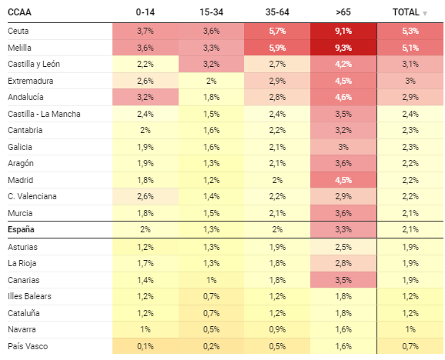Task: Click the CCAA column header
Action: (19, 12)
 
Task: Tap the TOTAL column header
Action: (406, 12)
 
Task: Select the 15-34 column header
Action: (211, 12)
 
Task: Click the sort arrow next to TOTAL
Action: (425, 13)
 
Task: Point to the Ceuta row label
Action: (18, 31)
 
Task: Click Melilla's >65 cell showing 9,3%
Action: (343, 48)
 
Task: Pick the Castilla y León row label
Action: (34, 64)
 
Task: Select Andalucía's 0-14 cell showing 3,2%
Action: (146, 97)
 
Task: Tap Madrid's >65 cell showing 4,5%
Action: (343, 180)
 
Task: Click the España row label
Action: (21, 229)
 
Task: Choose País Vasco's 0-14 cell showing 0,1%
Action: (146, 346)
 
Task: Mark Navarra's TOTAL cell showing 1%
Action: (410, 329)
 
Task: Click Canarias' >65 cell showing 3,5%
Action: (343, 280)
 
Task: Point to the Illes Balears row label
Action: (29, 296)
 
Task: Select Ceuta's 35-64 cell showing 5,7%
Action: (277, 31)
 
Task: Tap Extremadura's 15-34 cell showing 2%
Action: (211, 81)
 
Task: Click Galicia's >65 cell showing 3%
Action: (343, 147)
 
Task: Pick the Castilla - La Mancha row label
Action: (44, 114)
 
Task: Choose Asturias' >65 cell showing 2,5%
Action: (343, 247)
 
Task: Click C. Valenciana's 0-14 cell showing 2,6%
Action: (146, 196)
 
